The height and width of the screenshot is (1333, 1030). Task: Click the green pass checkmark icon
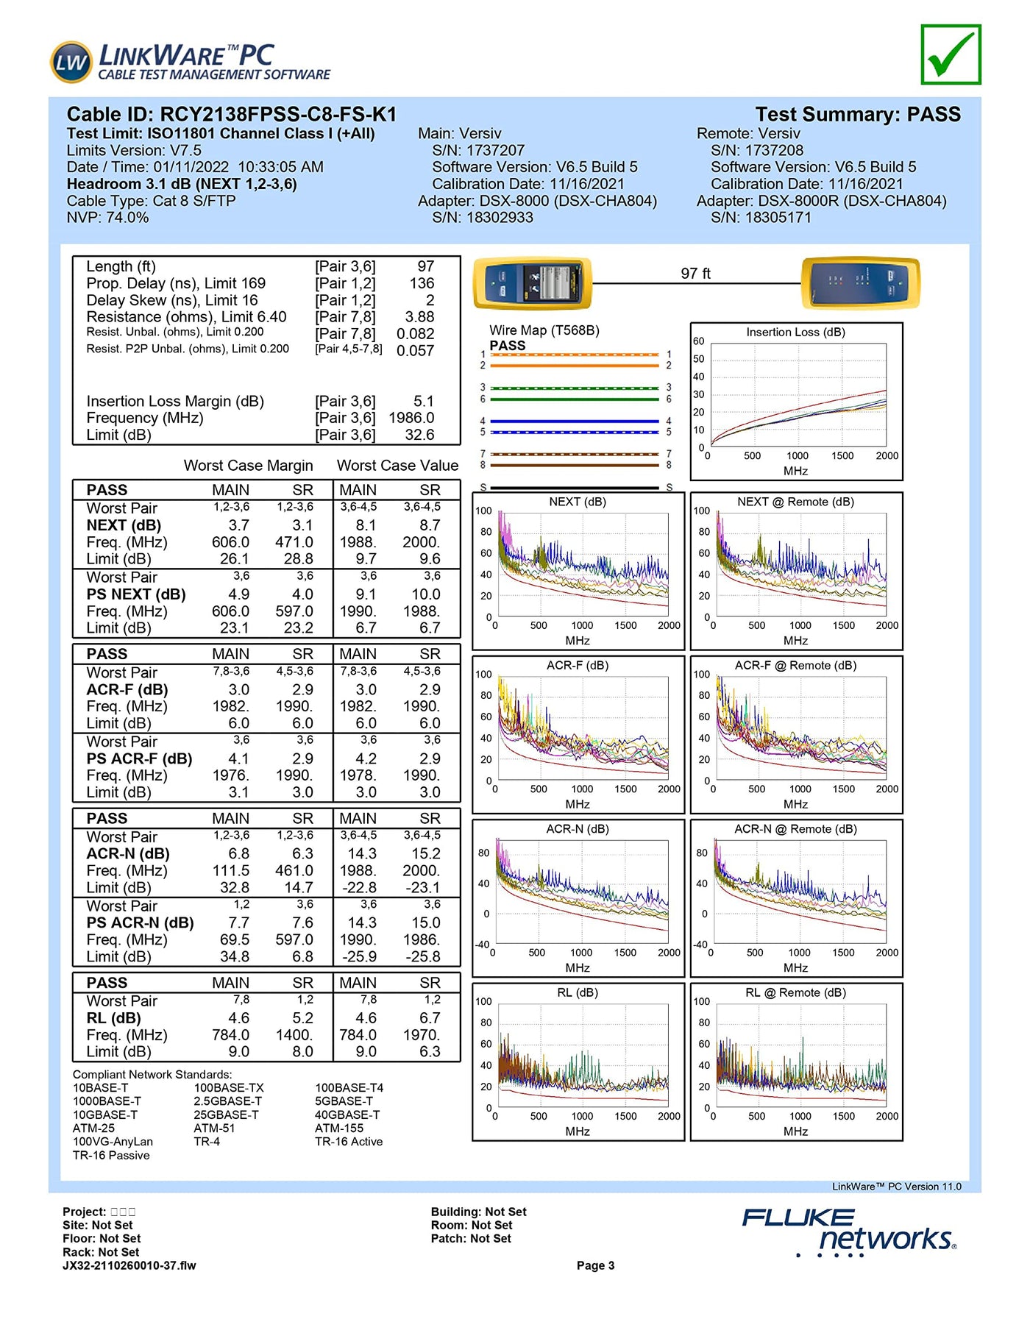coord(951,54)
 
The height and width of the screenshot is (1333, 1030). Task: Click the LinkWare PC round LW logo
coord(71,62)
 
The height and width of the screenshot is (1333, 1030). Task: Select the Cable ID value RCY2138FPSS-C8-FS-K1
coord(278,115)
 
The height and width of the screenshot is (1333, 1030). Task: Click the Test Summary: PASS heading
coord(858,115)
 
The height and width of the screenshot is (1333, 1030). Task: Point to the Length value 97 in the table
coord(425,266)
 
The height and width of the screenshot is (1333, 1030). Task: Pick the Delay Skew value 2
coord(430,300)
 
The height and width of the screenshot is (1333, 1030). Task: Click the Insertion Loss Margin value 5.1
coord(423,402)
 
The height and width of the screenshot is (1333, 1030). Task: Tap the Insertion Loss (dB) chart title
coord(795,333)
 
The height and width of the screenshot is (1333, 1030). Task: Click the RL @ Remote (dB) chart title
coord(795,993)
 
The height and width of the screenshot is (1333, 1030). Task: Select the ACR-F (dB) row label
coord(127,690)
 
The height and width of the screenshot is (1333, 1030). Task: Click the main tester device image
coord(533,283)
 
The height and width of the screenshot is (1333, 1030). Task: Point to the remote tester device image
coord(859,283)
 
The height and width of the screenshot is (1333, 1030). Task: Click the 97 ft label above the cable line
coord(695,274)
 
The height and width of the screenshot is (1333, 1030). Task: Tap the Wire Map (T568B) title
coord(544,330)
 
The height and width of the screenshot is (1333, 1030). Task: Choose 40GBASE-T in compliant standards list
coord(347,1115)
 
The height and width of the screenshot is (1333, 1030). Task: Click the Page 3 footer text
coord(595,1266)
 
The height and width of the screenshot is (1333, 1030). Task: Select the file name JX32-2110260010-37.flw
coord(129,1266)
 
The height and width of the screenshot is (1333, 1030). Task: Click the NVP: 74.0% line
coord(107,218)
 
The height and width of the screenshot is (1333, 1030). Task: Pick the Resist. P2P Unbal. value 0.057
coord(415,351)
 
